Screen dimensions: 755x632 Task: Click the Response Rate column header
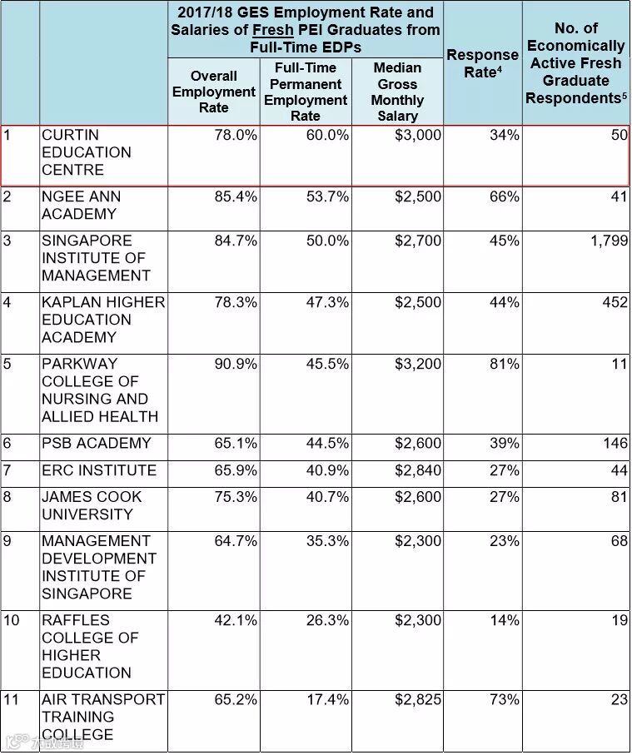(482, 63)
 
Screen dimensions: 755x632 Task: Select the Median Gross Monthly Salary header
(397, 92)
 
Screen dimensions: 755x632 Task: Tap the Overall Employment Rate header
(213, 92)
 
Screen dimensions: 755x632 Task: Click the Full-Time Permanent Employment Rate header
(306, 92)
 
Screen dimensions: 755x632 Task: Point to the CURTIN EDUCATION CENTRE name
(87, 152)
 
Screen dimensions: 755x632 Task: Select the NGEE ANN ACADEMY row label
(81, 206)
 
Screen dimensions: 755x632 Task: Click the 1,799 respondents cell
(604, 241)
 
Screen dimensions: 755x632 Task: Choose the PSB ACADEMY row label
(97, 444)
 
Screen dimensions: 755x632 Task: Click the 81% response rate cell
(504, 365)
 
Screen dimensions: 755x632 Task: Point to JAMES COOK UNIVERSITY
(92, 505)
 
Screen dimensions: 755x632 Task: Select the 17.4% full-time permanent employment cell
(327, 700)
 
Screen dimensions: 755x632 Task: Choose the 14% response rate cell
(504, 621)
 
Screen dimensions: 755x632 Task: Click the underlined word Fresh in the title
(273, 30)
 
